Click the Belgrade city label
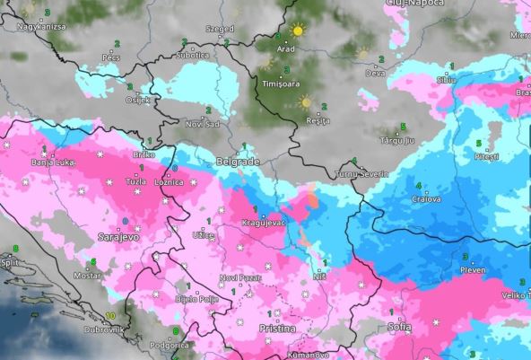coord(238,162)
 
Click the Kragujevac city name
coord(263,222)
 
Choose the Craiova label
coord(427,198)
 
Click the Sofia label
coord(400,327)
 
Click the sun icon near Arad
coord(297,30)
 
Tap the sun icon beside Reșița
coord(305,101)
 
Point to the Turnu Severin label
coord(358,172)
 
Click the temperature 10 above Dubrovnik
coord(109,316)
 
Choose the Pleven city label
coord(472,269)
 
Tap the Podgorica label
coord(170,345)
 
